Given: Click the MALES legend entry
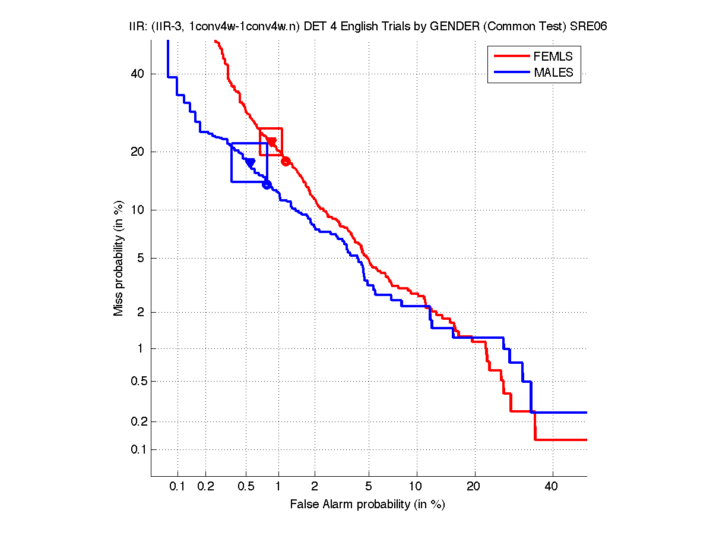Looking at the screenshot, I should [x=553, y=73].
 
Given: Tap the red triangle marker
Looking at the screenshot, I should [x=272, y=141].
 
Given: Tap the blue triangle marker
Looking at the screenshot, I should [x=250, y=163].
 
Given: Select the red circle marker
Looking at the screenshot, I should [x=286, y=161].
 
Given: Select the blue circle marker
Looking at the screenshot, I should [x=267, y=184].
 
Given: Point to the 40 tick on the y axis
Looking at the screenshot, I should [x=138, y=74].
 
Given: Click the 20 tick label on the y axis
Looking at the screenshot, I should [x=138, y=152].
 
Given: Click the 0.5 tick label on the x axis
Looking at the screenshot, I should [x=246, y=487].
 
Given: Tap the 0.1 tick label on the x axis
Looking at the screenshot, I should [x=178, y=487].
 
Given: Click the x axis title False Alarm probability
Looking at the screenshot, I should [x=367, y=505].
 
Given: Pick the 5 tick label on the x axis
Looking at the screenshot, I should [x=369, y=487].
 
